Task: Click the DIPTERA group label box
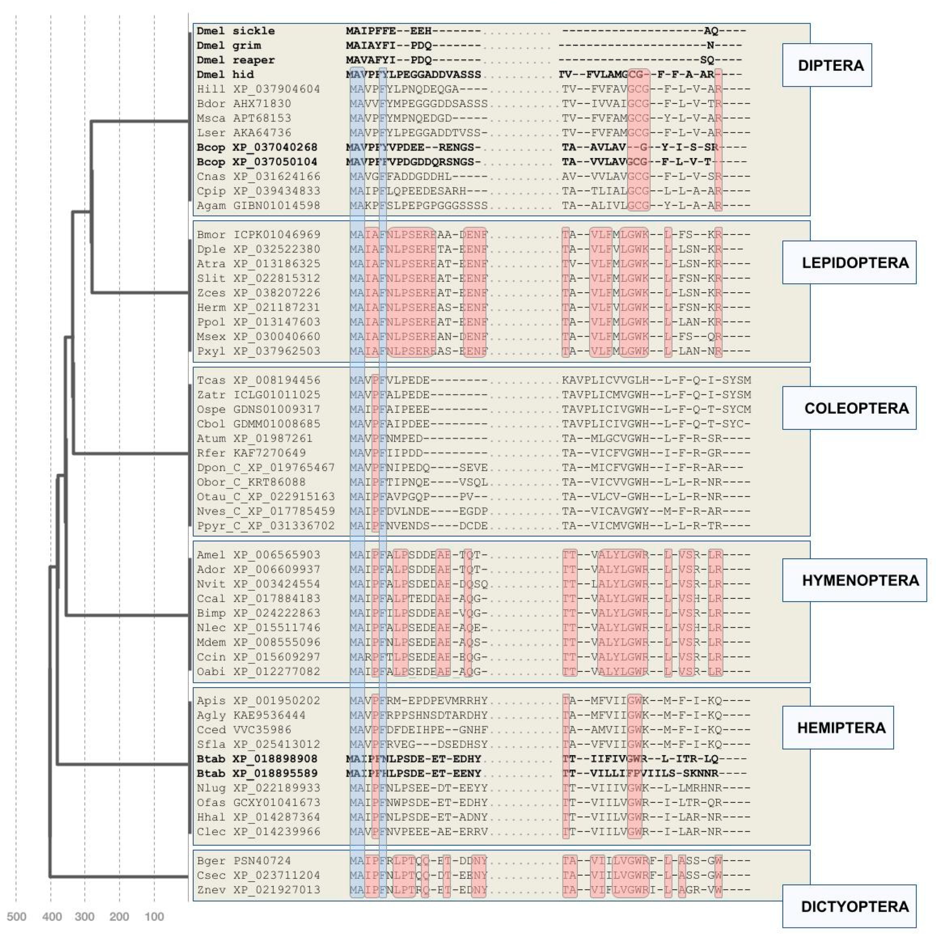(x=826, y=65)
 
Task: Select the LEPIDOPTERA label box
(x=849, y=263)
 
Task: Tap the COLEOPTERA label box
(x=849, y=408)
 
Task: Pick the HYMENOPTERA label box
(x=854, y=580)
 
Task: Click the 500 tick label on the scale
(x=16, y=917)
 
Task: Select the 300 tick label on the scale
(x=85, y=917)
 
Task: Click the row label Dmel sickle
(x=236, y=31)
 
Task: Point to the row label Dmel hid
(x=225, y=75)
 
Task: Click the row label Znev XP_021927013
(x=258, y=890)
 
